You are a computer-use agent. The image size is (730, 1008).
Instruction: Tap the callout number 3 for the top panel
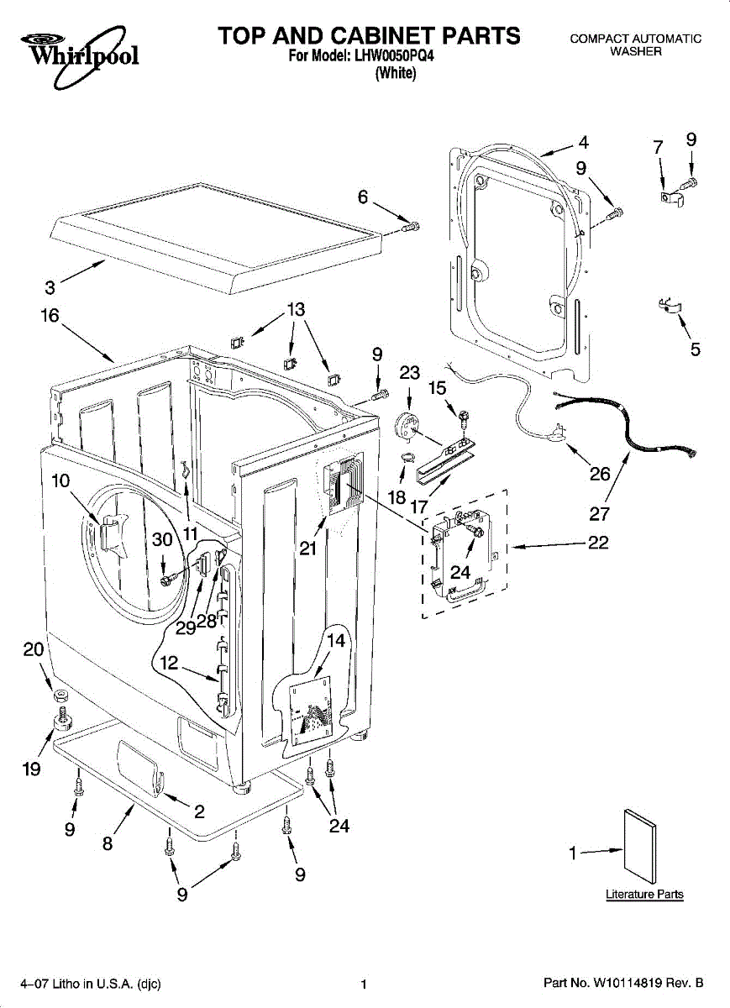50,288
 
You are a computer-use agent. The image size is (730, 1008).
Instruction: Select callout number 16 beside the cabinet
50,316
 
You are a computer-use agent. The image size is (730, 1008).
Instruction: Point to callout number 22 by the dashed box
597,543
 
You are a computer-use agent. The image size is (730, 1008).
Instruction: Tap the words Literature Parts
644,895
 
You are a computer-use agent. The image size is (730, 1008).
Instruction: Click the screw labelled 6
411,226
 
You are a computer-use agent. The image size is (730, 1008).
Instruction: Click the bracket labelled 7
669,197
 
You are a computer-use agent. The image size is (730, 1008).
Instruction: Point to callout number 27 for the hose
600,514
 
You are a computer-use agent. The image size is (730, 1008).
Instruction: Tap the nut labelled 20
60,696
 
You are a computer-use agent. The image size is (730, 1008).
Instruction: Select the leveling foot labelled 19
61,720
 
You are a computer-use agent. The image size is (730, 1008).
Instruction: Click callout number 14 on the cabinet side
335,641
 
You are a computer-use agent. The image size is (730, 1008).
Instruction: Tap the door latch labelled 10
110,534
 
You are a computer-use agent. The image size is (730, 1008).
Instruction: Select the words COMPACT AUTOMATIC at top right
635,39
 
